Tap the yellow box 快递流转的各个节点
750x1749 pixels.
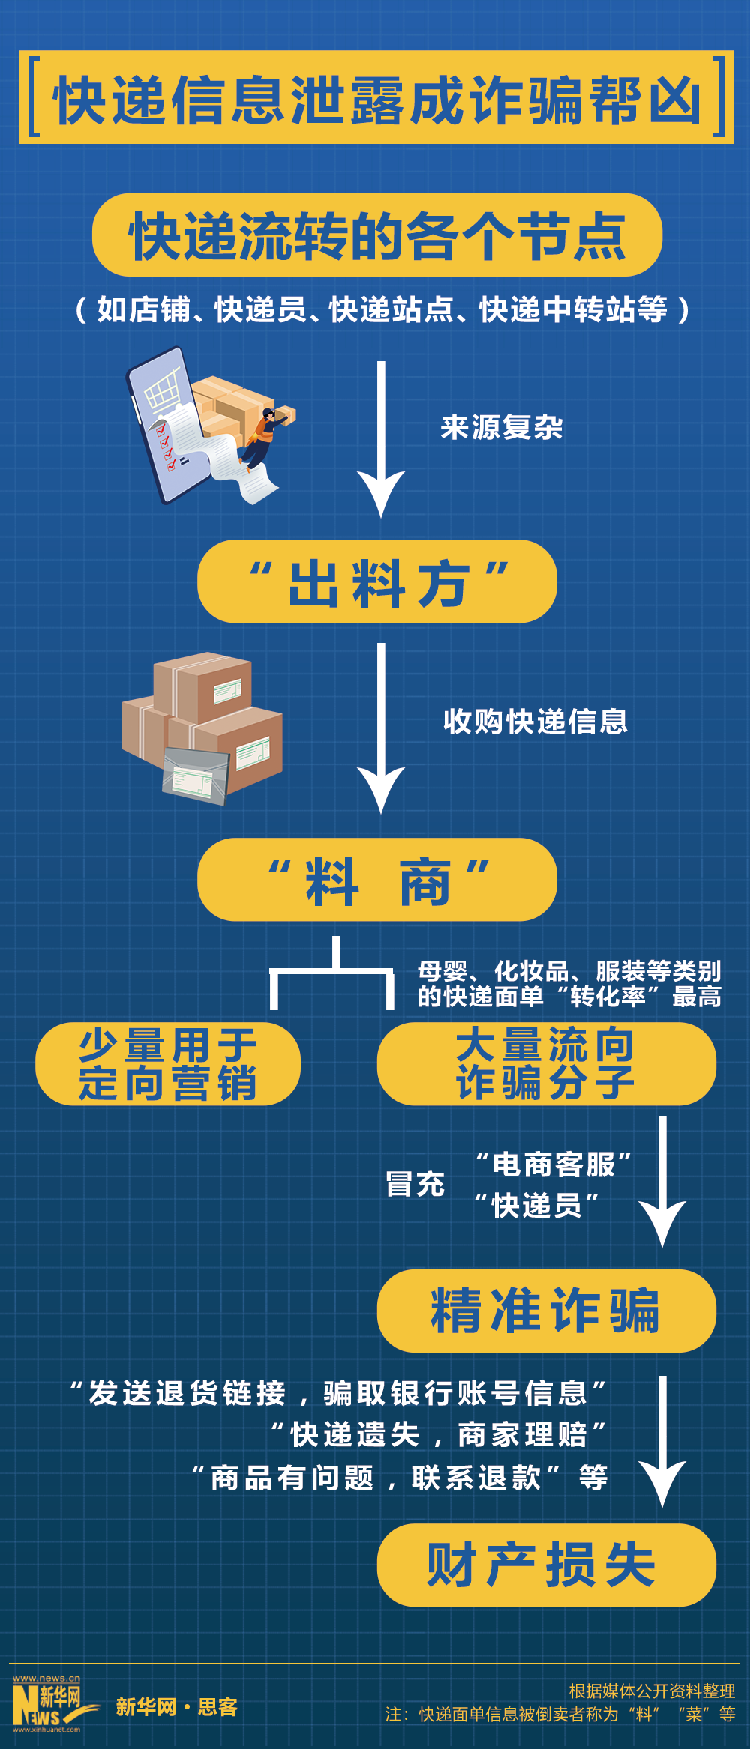pos(376,235)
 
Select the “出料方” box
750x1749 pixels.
pos(376,582)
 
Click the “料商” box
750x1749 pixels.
pos(376,880)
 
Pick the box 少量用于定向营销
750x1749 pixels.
pos(168,1064)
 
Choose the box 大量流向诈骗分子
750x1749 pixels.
pos(546,1064)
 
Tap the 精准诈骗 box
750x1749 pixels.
pos(546,1311)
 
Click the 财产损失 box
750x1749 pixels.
pos(546,1565)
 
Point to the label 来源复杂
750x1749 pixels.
pos(501,428)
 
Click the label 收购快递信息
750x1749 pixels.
pos(535,722)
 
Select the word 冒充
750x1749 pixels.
pos(415,1185)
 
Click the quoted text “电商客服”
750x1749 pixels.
pos(553,1165)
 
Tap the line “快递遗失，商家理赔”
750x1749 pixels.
pos(439,1435)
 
